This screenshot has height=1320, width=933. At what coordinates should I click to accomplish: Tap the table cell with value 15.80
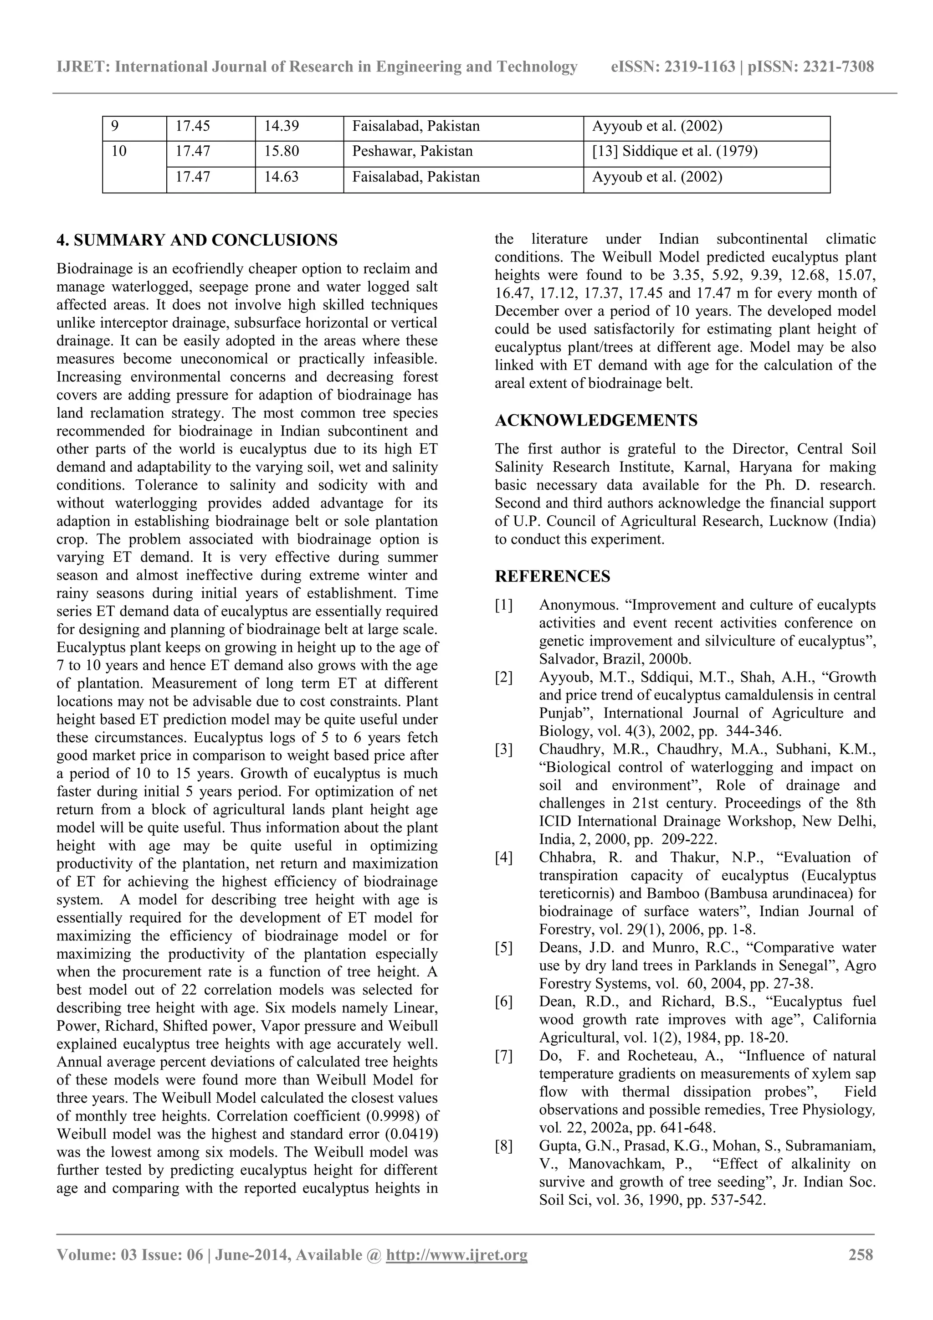click(282, 151)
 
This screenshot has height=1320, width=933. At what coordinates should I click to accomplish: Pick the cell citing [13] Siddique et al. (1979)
click(674, 151)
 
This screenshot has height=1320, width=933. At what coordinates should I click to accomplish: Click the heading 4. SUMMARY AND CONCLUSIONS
click(197, 240)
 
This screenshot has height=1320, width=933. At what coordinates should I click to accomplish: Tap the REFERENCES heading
click(553, 576)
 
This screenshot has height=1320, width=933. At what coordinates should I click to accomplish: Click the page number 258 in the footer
click(861, 1254)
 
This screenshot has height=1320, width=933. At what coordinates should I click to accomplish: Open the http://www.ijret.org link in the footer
click(456, 1254)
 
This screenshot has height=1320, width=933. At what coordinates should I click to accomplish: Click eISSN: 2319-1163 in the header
click(672, 67)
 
